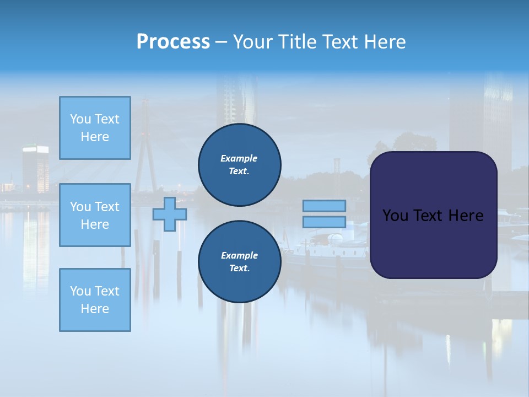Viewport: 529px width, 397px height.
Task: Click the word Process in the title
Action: click(x=173, y=42)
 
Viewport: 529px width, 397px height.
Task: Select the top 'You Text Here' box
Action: click(x=95, y=128)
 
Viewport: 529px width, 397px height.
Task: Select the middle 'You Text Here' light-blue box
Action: click(x=95, y=215)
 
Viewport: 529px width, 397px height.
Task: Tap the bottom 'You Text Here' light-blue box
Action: click(x=95, y=299)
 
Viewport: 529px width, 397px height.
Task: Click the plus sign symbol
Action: click(x=170, y=214)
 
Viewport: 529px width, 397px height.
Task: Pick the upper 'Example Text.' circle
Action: click(x=240, y=165)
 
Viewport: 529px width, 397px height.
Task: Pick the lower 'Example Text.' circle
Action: click(x=240, y=262)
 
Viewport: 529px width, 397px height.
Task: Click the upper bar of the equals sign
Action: click(x=325, y=206)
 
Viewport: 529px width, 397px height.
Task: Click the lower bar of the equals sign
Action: click(x=325, y=222)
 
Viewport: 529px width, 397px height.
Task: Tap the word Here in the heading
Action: click(x=385, y=42)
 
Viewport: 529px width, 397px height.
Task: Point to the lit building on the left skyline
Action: click(x=35, y=168)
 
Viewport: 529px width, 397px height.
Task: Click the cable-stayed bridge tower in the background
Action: click(x=145, y=143)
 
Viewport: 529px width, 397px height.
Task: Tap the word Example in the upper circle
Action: click(x=239, y=158)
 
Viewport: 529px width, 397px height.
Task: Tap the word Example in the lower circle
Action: click(x=239, y=255)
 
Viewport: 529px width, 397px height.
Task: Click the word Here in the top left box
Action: click(x=95, y=137)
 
